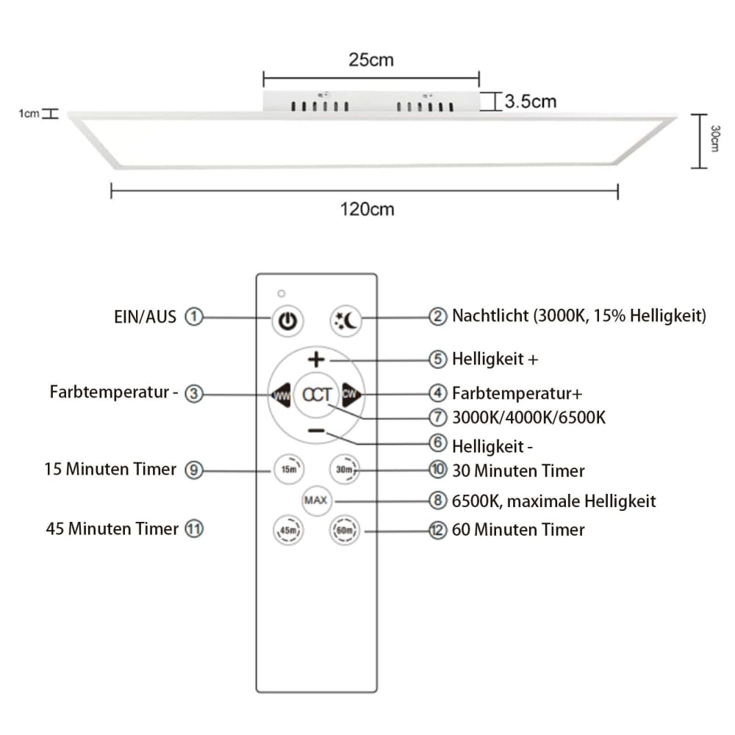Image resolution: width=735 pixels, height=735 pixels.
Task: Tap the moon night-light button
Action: tap(346, 321)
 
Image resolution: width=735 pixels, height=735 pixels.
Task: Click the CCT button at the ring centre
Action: tap(316, 395)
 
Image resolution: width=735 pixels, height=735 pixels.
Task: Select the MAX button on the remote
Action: tap(316, 501)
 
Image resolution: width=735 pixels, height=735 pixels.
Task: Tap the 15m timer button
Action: tap(289, 469)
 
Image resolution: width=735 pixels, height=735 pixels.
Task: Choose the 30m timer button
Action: tap(345, 469)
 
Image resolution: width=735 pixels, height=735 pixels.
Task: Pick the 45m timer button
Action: tap(288, 530)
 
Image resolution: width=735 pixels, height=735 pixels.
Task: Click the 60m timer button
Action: tap(345, 530)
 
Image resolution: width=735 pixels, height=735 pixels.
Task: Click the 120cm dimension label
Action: tap(367, 209)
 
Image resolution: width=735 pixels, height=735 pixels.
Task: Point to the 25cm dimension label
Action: tap(370, 60)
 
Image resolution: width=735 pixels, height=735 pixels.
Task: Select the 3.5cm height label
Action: tap(530, 101)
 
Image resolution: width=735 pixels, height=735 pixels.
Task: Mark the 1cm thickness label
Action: tap(29, 113)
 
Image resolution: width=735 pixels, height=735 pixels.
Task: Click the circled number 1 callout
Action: tap(193, 317)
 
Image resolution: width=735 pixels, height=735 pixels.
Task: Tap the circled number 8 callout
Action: tap(438, 501)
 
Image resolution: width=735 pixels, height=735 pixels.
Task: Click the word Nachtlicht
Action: tap(490, 316)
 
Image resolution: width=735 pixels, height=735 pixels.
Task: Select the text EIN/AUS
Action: tap(145, 318)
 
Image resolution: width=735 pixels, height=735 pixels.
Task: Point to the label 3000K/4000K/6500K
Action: tap(528, 417)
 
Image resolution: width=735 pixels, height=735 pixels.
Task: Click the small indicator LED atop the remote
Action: tap(282, 293)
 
